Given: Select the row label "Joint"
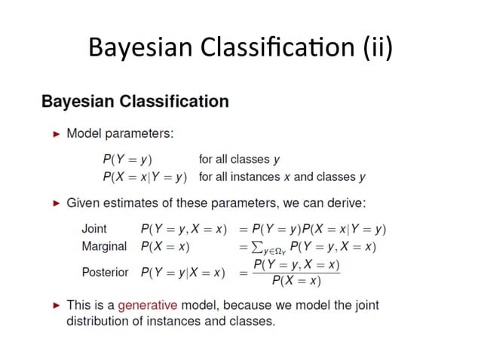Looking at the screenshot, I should click(x=94, y=228).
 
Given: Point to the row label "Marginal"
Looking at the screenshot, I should click(x=104, y=246).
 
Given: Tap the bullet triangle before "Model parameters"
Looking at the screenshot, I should click(x=56, y=134).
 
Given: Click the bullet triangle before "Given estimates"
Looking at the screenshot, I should click(x=56, y=203).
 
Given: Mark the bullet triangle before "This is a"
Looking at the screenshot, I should click(x=56, y=306).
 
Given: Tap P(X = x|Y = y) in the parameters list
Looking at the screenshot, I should click(x=144, y=177).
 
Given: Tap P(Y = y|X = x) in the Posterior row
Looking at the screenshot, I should click(x=182, y=272).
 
